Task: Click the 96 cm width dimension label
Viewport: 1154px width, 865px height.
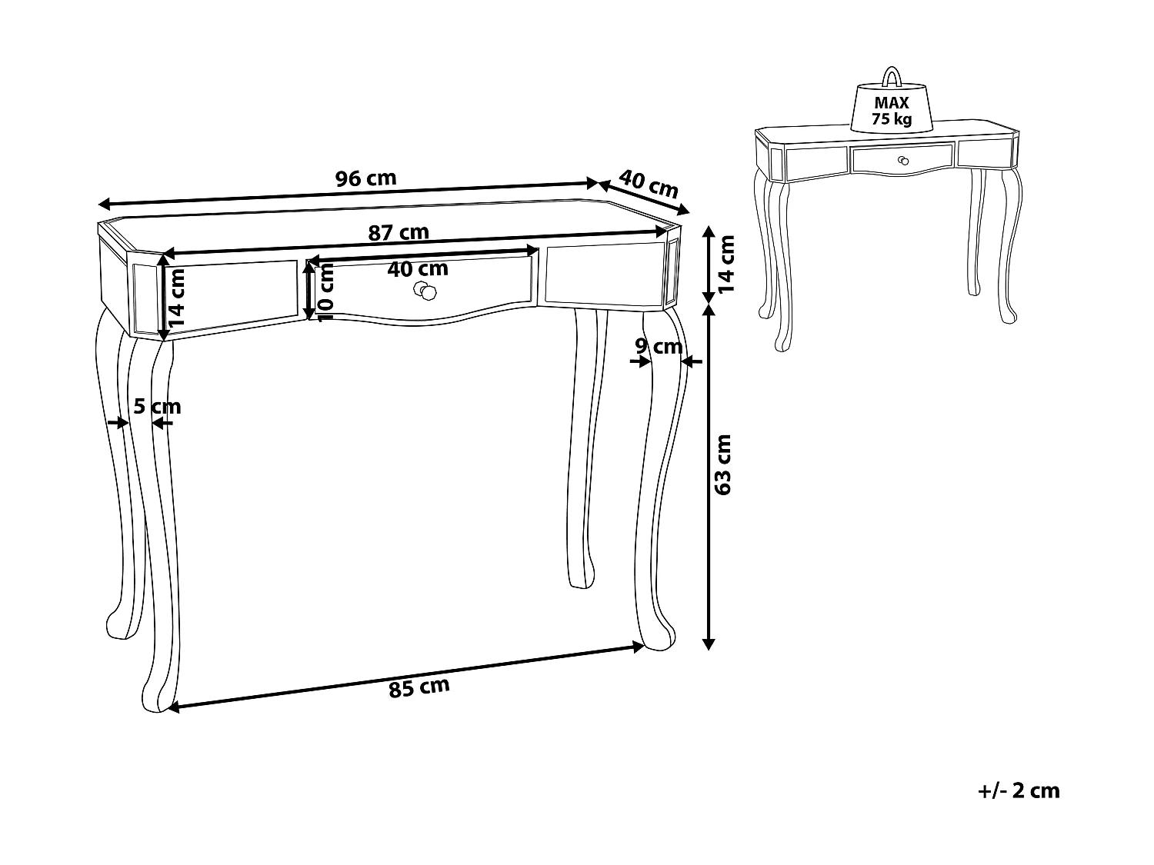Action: click(366, 178)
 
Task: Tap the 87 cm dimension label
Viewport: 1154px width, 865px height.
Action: click(398, 231)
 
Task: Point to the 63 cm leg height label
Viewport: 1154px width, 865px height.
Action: click(724, 464)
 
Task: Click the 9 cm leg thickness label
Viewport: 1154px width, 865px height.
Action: click(659, 347)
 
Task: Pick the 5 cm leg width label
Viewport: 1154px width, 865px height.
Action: click(157, 406)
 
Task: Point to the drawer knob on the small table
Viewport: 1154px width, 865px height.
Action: click(903, 160)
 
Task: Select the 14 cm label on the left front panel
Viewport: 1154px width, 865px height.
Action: click(178, 298)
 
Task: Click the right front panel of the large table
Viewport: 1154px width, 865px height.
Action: click(600, 274)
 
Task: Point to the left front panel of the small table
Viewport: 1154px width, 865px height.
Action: click(815, 161)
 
